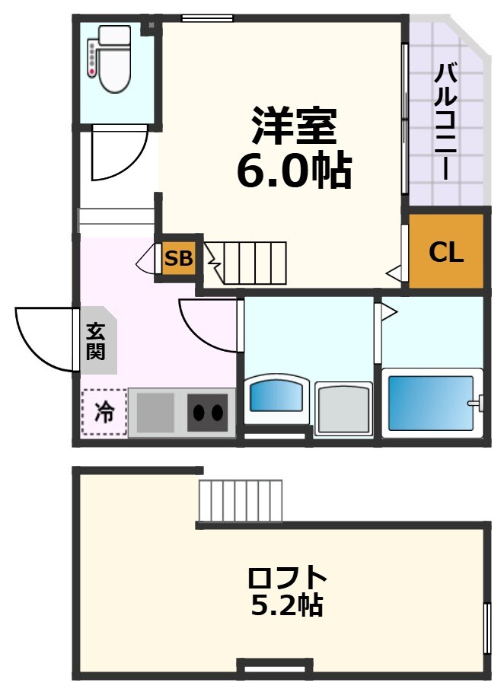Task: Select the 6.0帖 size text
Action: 294,171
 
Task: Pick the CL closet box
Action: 446,252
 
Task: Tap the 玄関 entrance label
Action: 96,342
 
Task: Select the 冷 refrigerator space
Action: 104,413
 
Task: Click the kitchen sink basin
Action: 156,413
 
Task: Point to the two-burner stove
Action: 208,413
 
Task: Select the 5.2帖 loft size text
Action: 287,605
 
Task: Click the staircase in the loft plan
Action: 241,500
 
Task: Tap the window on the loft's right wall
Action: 486,628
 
